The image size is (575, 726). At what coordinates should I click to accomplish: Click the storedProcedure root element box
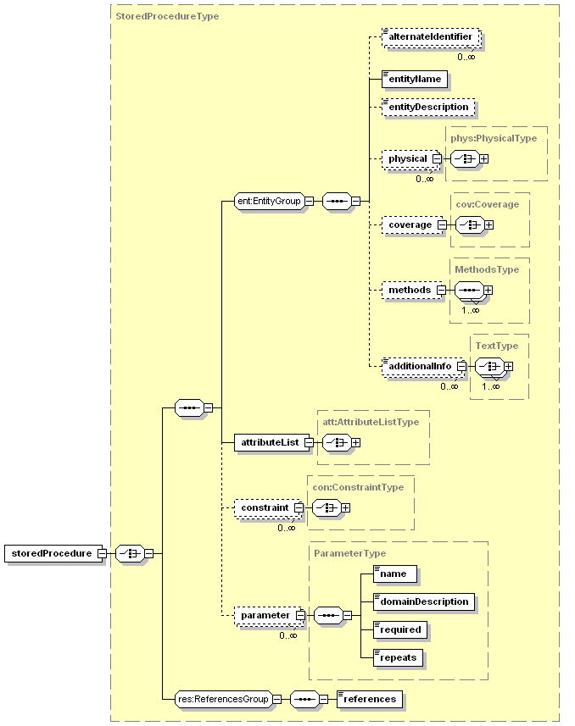tap(51, 553)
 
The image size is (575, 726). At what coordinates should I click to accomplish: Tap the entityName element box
tap(415, 80)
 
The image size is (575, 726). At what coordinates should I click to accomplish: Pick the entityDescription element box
tap(428, 108)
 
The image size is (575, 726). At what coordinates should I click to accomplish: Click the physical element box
tap(407, 158)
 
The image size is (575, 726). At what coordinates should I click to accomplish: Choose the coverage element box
tap(410, 224)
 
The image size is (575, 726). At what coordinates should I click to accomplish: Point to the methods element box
tap(409, 290)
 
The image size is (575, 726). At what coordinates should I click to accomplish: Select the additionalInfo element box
tap(419, 366)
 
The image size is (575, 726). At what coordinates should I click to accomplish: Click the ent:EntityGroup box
tap(269, 202)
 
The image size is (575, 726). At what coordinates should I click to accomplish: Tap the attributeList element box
tap(268, 442)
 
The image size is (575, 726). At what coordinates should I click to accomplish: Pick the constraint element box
tap(264, 507)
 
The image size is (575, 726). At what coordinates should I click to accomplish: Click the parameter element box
tap(265, 615)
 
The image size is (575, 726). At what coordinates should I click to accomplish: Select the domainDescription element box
tap(423, 601)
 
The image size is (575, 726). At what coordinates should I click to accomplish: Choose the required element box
tap(399, 629)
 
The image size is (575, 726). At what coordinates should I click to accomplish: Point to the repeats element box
tap(398, 657)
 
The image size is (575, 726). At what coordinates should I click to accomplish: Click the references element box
tap(369, 699)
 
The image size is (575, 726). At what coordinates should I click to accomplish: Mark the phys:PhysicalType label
tap(494, 138)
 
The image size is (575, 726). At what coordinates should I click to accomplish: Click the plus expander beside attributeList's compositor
tap(356, 442)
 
